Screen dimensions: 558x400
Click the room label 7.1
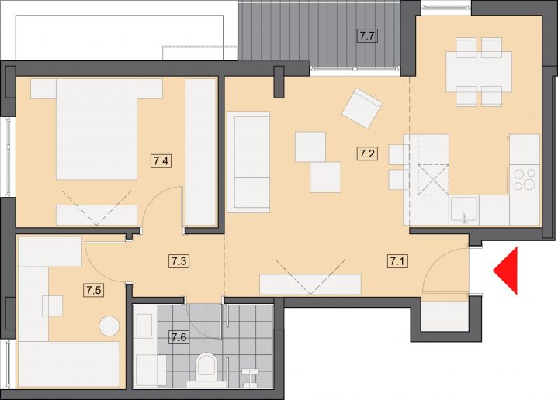[x=397, y=262]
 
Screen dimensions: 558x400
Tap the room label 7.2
[x=367, y=154]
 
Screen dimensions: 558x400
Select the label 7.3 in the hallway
[x=178, y=261]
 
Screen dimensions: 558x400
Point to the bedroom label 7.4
[x=161, y=161]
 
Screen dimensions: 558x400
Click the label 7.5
[x=93, y=290]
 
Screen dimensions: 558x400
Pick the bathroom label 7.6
[x=178, y=336]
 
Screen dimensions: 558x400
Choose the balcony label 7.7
[x=367, y=36]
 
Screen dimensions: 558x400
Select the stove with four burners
[x=524, y=179]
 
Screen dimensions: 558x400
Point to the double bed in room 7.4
[x=96, y=129]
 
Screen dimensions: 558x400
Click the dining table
[x=479, y=72]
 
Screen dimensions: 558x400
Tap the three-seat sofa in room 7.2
[x=248, y=162]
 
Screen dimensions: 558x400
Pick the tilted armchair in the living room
[x=362, y=109]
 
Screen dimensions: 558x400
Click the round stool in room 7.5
[x=109, y=326]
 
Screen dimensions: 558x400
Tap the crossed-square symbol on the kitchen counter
[x=434, y=179]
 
